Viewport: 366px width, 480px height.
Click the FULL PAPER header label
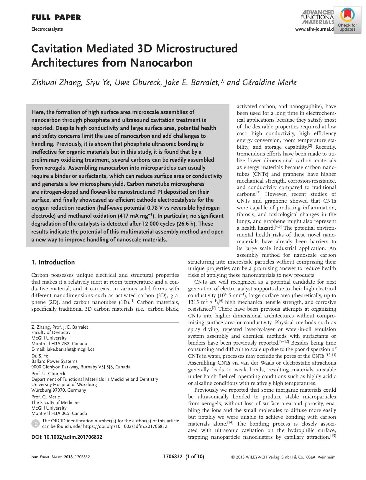[56, 18]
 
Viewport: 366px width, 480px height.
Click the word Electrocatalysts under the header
[47, 29]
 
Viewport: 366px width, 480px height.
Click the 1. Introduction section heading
[53, 262]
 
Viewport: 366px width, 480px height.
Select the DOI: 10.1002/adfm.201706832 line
[67, 437]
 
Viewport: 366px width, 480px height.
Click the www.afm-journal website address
[314, 29]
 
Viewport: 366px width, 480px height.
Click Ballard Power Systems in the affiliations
[55, 361]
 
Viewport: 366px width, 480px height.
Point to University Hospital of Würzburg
[64, 385]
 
